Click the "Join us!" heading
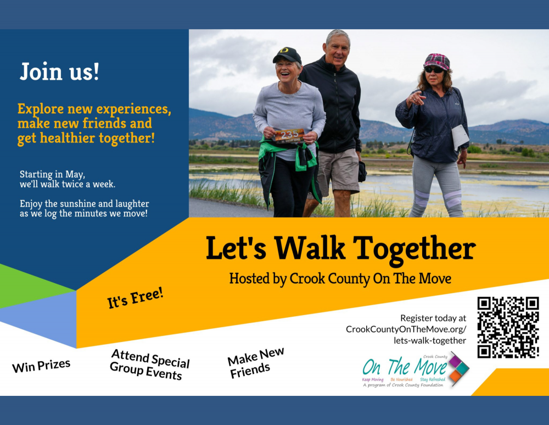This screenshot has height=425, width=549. (x=59, y=71)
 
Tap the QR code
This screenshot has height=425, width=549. (x=508, y=328)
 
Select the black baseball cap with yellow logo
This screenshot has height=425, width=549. (x=287, y=56)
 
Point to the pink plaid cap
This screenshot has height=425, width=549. (x=436, y=62)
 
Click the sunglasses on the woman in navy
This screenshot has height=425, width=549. (x=434, y=70)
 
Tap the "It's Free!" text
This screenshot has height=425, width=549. (x=135, y=298)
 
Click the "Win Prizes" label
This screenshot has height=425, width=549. (x=41, y=366)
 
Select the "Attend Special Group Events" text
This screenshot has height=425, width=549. (x=150, y=365)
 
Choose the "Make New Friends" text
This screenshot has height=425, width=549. (x=256, y=362)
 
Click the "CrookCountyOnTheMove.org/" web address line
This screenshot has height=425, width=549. (x=406, y=329)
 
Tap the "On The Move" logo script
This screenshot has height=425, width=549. (x=405, y=367)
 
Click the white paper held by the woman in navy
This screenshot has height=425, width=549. (x=460, y=137)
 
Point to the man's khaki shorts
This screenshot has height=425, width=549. (x=338, y=172)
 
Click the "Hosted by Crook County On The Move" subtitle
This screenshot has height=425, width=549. (x=340, y=279)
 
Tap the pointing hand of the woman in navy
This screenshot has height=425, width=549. (x=416, y=98)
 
